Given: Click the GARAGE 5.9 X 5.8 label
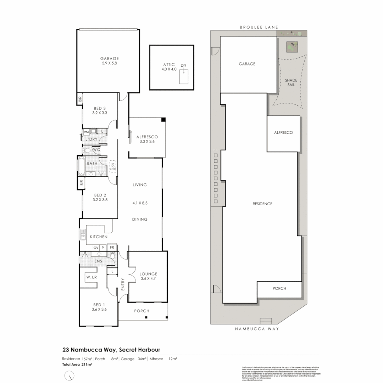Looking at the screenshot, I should pos(109,61).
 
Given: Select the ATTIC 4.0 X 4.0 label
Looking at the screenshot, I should pos(169,66).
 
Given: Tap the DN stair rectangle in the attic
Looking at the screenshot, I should pos(183,77).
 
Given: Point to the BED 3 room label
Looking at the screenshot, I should pos(100,111).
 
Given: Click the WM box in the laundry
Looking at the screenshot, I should pos(86,132).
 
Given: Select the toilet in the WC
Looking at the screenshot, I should pos(87,150).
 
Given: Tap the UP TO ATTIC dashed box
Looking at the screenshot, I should pos(113,166).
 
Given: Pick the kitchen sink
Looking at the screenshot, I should pos(83,234).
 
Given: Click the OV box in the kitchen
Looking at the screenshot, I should pos(95,248).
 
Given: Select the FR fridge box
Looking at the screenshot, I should pos(112,248).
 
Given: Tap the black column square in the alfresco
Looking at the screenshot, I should pos(163,120).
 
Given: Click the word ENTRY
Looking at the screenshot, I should pos(123,285).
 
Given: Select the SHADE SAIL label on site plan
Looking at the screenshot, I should pos(291,82).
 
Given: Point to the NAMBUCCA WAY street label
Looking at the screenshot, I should pos(257,329).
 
